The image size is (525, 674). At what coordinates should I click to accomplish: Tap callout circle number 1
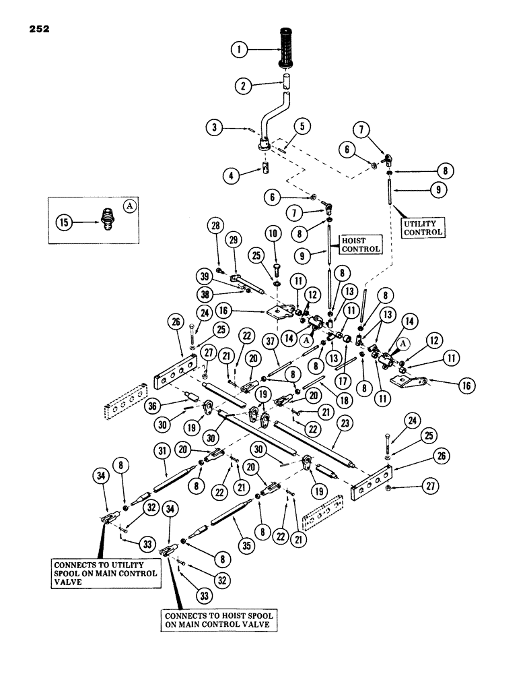236,49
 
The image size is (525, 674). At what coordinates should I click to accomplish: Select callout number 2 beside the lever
242,85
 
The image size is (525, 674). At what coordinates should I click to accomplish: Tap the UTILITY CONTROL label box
423,227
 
